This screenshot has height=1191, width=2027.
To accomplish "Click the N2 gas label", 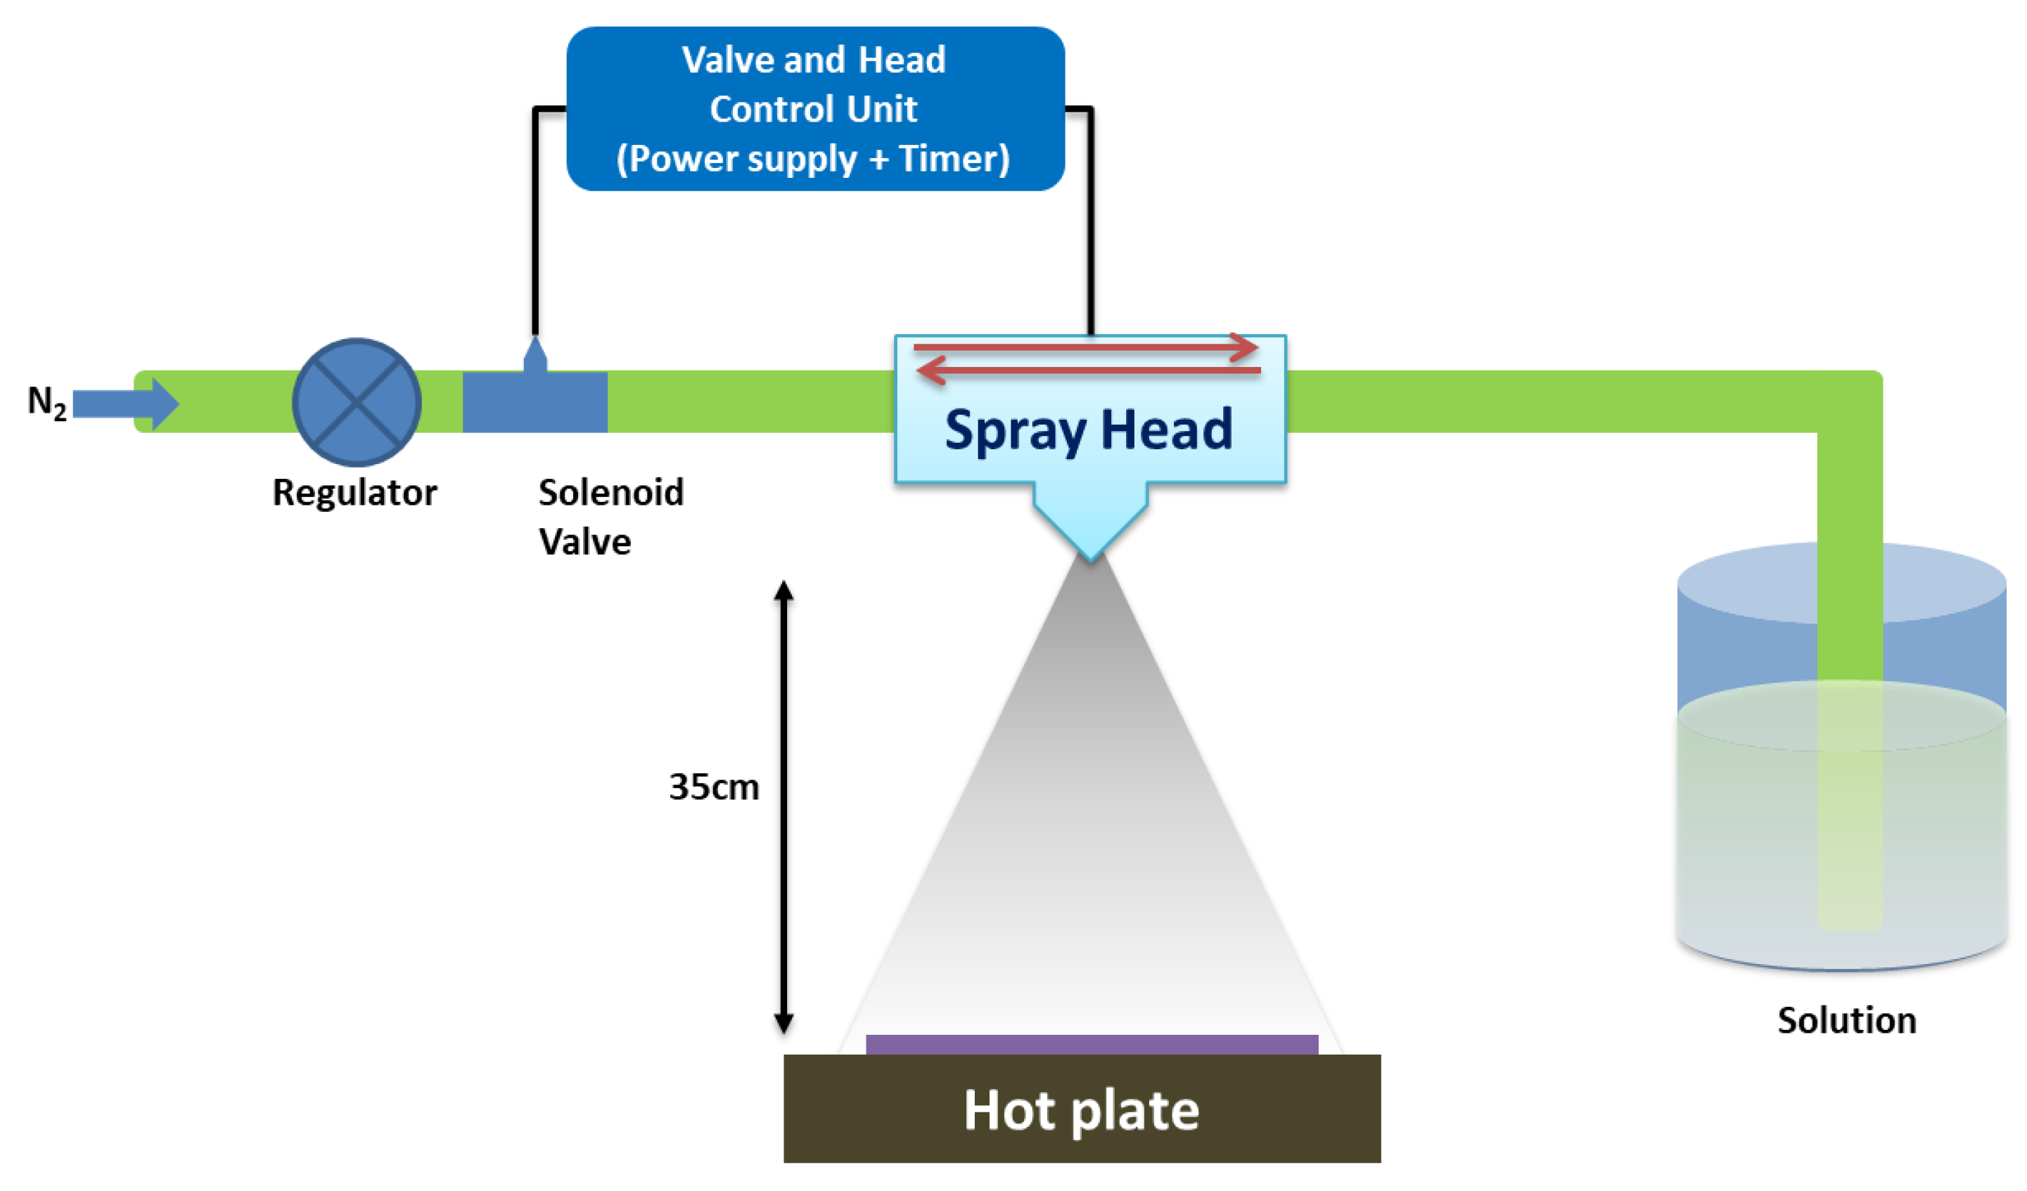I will [46, 402].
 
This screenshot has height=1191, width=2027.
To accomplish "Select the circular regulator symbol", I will [357, 402].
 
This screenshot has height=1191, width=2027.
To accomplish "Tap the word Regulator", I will [354, 492].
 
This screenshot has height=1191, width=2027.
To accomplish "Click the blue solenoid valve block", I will [535, 402].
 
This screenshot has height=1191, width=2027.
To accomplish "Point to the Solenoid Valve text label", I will [610, 516].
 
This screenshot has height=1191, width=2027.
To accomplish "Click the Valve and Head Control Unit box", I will [815, 108].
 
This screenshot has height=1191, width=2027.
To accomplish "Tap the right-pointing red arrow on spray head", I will [1086, 347].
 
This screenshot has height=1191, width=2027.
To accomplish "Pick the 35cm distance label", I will [713, 787].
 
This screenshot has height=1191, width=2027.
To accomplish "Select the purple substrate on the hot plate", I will [1092, 1045].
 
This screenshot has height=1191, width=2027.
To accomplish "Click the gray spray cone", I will [1090, 804].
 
